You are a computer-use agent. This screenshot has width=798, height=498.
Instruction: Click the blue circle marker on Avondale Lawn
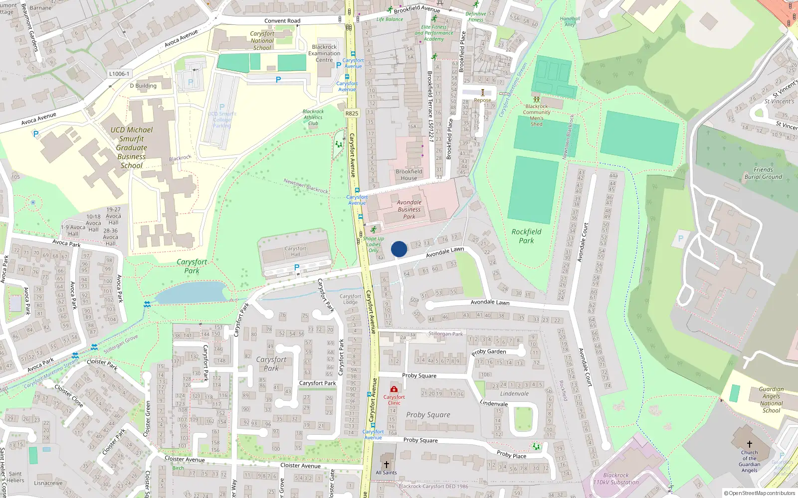click(x=399, y=249)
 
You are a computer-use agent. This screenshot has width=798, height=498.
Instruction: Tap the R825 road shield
click(x=352, y=114)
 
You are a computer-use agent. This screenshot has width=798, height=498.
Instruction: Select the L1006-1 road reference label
click(x=119, y=74)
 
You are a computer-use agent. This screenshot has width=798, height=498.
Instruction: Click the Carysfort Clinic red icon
click(x=394, y=389)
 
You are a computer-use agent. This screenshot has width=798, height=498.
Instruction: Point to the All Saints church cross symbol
click(x=386, y=464)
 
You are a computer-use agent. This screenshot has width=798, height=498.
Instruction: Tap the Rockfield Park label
click(x=526, y=236)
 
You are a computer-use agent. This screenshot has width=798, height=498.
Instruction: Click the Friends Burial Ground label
click(x=763, y=173)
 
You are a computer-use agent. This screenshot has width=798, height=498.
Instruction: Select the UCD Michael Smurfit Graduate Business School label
click(x=131, y=147)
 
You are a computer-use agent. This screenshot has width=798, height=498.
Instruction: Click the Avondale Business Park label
click(x=409, y=209)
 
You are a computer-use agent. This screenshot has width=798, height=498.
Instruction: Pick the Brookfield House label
click(x=408, y=175)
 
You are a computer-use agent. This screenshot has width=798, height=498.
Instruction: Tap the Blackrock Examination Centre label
click(x=324, y=53)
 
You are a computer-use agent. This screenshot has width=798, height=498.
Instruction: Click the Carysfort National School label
click(x=262, y=41)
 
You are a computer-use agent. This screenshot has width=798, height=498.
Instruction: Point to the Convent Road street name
click(x=282, y=21)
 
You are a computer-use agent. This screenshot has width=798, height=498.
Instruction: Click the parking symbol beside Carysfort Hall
click(x=297, y=268)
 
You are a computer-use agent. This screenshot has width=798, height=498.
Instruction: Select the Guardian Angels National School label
click(x=771, y=400)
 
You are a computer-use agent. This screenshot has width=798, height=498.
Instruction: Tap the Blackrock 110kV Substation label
click(x=615, y=479)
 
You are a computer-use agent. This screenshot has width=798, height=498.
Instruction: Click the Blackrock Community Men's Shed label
click(x=537, y=115)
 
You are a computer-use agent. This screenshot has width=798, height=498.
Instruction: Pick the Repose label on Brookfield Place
click(x=482, y=100)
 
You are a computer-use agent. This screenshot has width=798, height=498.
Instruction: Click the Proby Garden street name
click(x=489, y=352)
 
